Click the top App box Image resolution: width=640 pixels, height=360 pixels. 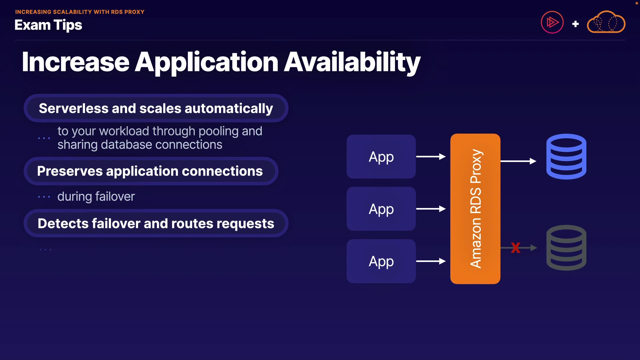click(x=381, y=157)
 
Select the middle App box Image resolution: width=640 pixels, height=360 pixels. click(x=381, y=209)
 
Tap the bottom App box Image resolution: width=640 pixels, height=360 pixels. click(x=381, y=261)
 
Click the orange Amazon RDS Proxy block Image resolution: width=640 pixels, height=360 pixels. click(x=475, y=209)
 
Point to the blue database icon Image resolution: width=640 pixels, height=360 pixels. click(x=566, y=156)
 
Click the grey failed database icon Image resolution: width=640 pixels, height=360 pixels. click(x=566, y=248)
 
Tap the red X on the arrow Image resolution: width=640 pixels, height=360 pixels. click(x=515, y=248)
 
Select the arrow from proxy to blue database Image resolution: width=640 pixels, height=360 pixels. click(x=518, y=161)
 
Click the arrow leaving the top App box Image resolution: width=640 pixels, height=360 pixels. click(x=431, y=157)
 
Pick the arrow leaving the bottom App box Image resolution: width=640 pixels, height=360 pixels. click(x=431, y=261)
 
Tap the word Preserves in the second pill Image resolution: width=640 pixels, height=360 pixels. click(x=70, y=171)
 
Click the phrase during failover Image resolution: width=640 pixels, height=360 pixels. click(x=96, y=197)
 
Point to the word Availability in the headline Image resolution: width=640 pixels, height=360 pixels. click(x=352, y=62)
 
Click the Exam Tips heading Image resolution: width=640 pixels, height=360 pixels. click(x=48, y=25)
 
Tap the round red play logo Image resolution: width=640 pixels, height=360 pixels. click(x=552, y=23)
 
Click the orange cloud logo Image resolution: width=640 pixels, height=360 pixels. click(x=606, y=22)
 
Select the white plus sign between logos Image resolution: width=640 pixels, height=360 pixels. click(x=575, y=24)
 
